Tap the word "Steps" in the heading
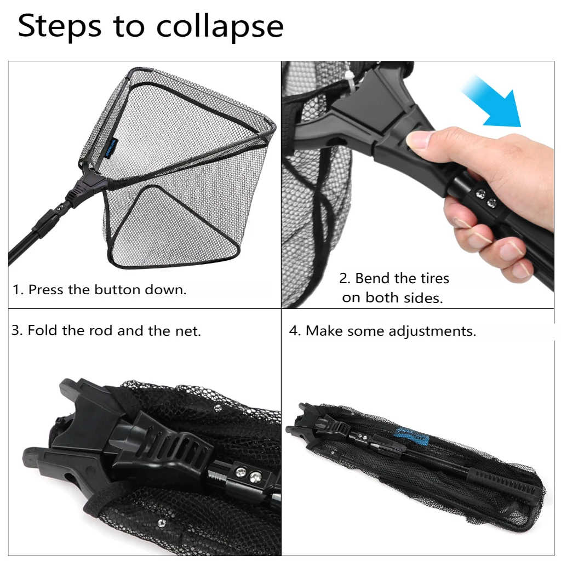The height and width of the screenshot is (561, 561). (x=60, y=26)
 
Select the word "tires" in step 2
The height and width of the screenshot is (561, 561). (x=434, y=278)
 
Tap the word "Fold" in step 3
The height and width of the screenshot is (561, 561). (x=42, y=330)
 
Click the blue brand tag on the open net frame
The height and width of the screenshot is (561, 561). (x=109, y=148)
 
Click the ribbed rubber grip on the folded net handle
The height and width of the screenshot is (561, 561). (x=505, y=483)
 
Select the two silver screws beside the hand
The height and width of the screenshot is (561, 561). (x=485, y=198)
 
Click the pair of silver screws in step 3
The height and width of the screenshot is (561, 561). (x=248, y=474)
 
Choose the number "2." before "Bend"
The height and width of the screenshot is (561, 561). (x=345, y=279)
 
